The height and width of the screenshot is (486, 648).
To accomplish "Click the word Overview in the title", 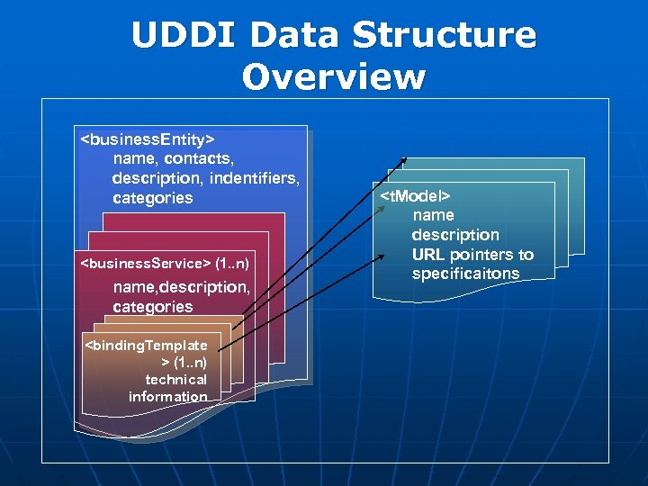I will (x=333, y=77).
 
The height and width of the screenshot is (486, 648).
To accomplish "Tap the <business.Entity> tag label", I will (x=148, y=139).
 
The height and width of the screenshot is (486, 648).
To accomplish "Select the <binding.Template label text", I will (x=145, y=345).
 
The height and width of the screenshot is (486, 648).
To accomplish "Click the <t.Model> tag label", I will (x=415, y=195).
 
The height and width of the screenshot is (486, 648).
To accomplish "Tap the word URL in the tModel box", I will (x=428, y=254).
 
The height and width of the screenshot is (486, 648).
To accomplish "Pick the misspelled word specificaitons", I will (x=465, y=274).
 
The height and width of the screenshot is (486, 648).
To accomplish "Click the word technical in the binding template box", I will (x=175, y=379).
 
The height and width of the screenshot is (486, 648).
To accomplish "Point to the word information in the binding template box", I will (x=167, y=396).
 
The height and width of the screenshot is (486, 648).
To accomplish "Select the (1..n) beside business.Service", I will (x=232, y=264).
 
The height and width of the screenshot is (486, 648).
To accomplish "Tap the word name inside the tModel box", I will (x=433, y=215).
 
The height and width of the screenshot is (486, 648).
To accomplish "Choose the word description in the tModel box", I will (x=454, y=235).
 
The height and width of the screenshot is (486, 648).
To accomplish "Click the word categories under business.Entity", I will (x=152, y=198).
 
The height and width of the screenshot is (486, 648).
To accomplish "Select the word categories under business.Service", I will (x=152, y=307).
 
